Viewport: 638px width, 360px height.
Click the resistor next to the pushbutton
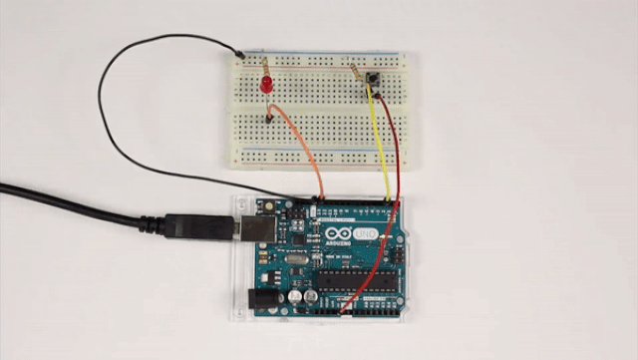point(357,71)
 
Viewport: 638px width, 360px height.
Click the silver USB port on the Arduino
point(249,227)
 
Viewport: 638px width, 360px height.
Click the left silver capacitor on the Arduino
point(297,298)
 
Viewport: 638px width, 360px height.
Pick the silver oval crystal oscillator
point(296,261)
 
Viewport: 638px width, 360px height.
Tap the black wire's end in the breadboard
point(239,52)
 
